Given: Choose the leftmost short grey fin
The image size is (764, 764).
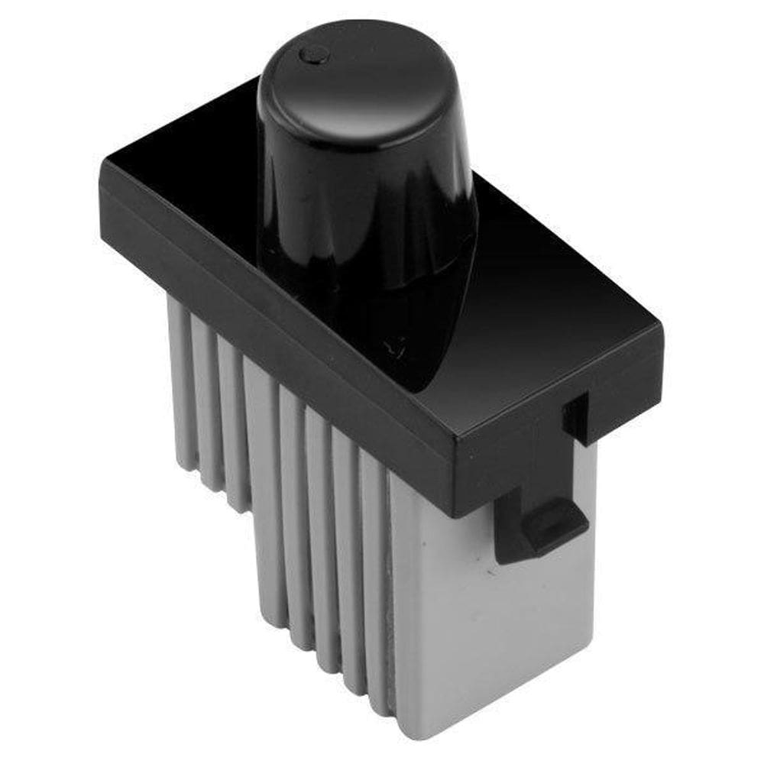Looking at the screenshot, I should coord(180,382).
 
